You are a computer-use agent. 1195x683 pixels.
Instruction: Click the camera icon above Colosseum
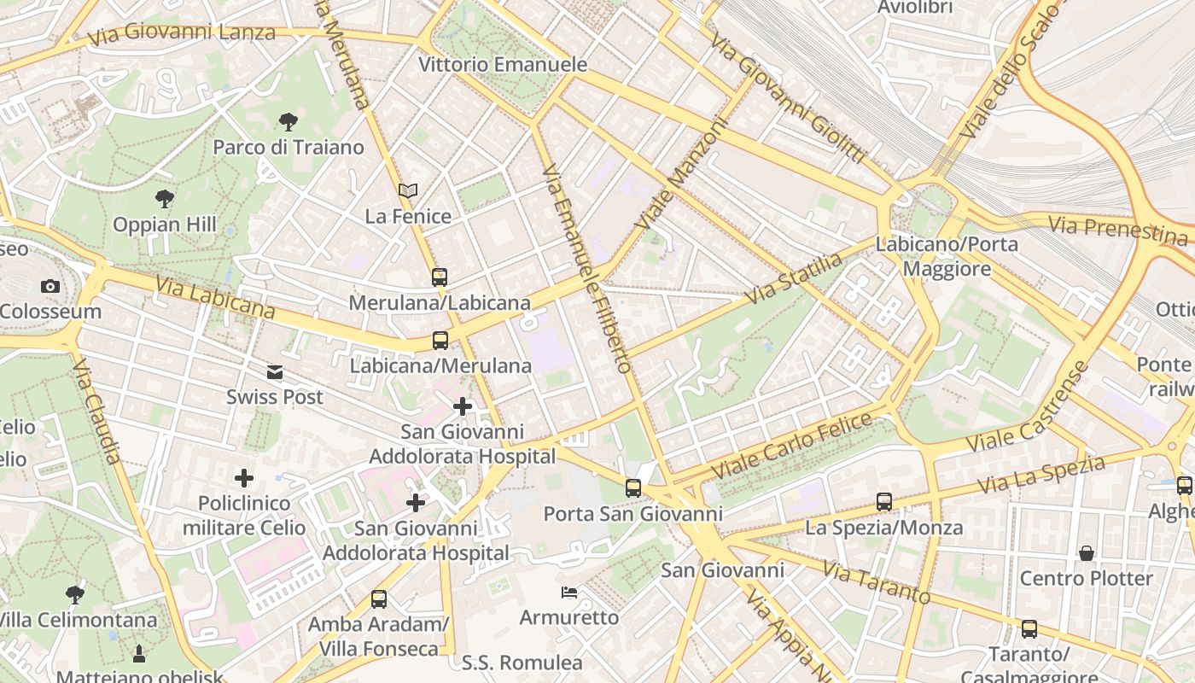point(50,286)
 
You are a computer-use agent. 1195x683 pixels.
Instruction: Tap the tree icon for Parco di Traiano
point(289,122)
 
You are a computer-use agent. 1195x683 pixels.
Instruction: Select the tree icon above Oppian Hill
point(165,200)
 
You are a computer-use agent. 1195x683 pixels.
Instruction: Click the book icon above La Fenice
point(408,191)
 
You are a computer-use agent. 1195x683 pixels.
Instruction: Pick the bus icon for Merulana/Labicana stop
point(440,277)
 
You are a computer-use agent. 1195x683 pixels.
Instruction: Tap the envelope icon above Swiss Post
point(275,372)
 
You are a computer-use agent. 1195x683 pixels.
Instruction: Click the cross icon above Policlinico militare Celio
point(244,477)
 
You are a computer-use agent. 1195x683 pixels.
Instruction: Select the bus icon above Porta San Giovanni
point(632,488)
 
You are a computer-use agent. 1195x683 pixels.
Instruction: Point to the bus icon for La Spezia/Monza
point(884,502)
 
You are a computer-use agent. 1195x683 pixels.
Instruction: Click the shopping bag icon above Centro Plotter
point(1087,553)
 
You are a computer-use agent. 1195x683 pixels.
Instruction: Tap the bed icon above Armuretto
point(569,592)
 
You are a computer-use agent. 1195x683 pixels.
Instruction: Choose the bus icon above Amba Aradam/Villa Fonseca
point(378,599)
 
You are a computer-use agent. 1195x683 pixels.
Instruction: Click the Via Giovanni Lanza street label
point(181,33)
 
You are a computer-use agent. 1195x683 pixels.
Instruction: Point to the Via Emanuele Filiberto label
point(587,269)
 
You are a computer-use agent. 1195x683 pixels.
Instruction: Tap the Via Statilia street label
point(793,277)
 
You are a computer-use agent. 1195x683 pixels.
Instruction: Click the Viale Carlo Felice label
point(791,445)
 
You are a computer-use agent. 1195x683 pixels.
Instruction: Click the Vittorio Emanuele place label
point(503,64)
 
